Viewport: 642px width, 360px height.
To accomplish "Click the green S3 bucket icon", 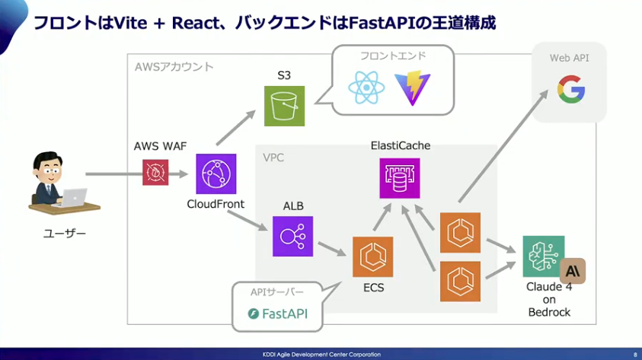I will (285, 105).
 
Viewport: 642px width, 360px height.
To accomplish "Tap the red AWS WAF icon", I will (155, 173).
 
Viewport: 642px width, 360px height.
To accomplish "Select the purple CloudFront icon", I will (216, 174).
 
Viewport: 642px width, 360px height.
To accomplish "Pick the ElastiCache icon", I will (400, 178).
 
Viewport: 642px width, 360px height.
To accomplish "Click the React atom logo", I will (366, 88).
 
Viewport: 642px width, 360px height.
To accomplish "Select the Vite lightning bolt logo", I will (413, 89).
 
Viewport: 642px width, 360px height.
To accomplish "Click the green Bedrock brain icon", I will (544, 256).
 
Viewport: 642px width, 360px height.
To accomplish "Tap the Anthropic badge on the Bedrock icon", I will (572, 271).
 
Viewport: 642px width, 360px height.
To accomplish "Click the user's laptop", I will (74, 197).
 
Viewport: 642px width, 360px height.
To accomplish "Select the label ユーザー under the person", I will (65, 233).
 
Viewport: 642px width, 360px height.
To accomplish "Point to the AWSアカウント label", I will (174, 67).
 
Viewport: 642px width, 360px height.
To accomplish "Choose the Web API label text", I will (569, 58).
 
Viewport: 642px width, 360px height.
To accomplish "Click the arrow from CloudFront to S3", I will (236, 129).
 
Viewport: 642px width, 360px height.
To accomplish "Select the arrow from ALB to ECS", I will (331, 248).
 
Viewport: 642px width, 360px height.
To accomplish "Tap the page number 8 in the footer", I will (635, 355).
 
